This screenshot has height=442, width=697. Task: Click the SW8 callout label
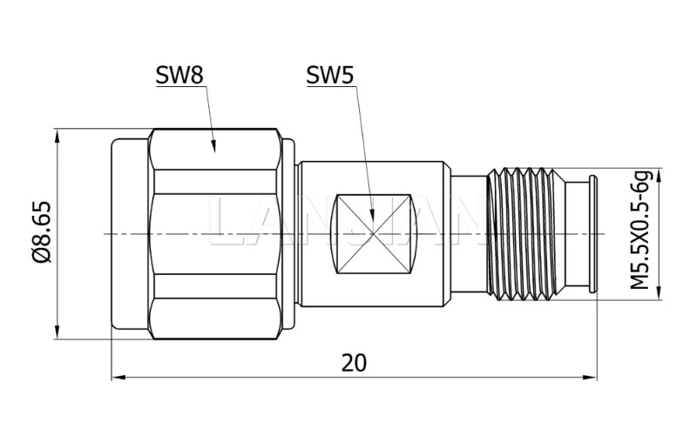pyautogui.click(x=179, y=77)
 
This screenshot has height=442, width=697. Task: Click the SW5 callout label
pyautogui.click(x=329, y=77)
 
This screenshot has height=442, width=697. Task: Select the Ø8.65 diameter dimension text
pyautogui.click(x=40, y=232)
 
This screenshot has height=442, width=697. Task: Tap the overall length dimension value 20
pyautogui.click(x=353, y=363)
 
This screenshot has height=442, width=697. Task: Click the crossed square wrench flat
pyautogui.click(x=372, y=234)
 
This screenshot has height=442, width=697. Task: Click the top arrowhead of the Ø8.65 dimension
pyautogui.click(x=58, y=137)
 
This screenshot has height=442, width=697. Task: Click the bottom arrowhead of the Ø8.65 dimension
pyautogui.click(x=58, y=331)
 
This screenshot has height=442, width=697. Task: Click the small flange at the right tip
pyautogui.click(x=592, y=234)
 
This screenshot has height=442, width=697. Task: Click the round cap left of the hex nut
pyautogui.click(x=129, y=234)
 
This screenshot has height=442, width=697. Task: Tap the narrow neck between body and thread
pyautogui.click(x=470, y=234)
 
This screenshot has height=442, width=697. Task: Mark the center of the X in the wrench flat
pyautogui.click(x=372, y=234)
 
